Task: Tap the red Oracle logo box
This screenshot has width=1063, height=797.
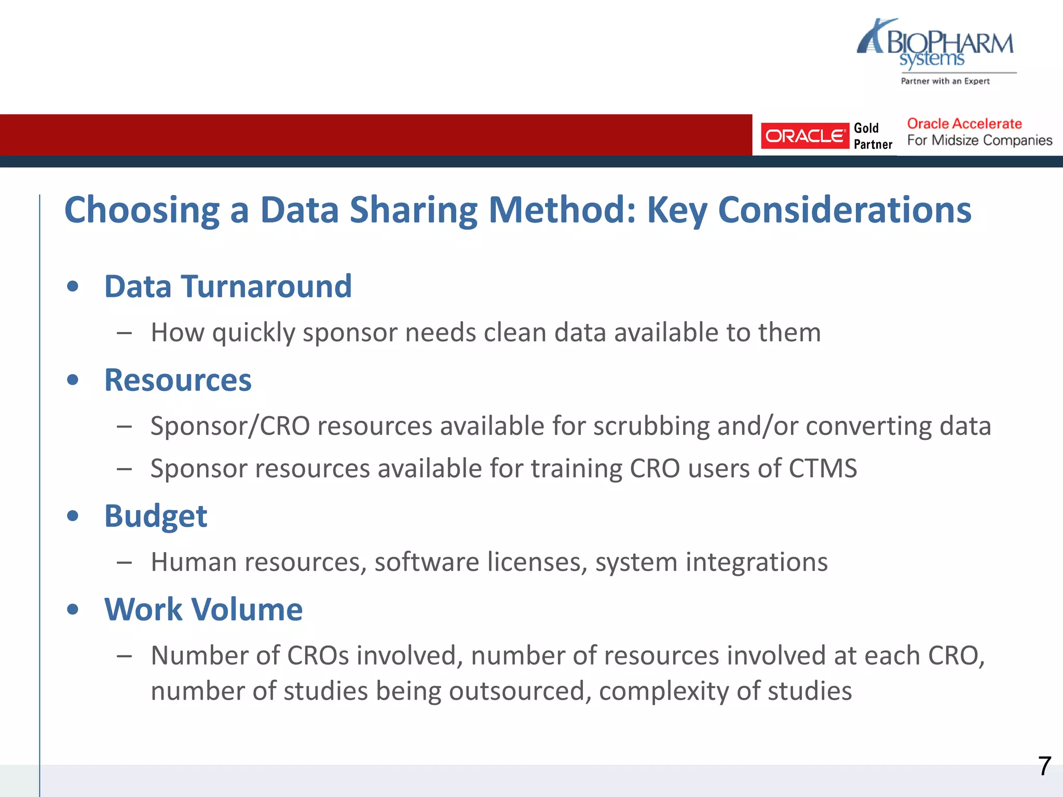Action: click(805, 136)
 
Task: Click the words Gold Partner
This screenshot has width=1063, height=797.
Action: click(873, 136)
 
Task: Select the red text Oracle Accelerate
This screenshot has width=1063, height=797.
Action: click(964, 124)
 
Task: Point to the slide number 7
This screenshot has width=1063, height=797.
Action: click(1044, 766)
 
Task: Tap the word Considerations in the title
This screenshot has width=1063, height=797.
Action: click(844, 211)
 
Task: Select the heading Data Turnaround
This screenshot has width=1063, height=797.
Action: click(228, 286)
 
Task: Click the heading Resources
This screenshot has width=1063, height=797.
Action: click(178, 380)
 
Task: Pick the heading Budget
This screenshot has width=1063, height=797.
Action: click(156, 516)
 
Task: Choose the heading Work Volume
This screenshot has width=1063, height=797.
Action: click(203, 610)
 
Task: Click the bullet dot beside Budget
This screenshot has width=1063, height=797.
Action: click(73, 516)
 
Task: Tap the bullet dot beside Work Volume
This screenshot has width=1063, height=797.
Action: click(73, 609)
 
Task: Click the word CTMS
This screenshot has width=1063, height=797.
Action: click(823, 469)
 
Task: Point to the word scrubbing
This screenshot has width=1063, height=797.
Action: click(651, 427)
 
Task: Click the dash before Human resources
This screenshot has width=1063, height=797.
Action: click(124, 562)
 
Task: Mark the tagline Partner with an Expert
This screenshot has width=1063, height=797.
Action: click(945, 81)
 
